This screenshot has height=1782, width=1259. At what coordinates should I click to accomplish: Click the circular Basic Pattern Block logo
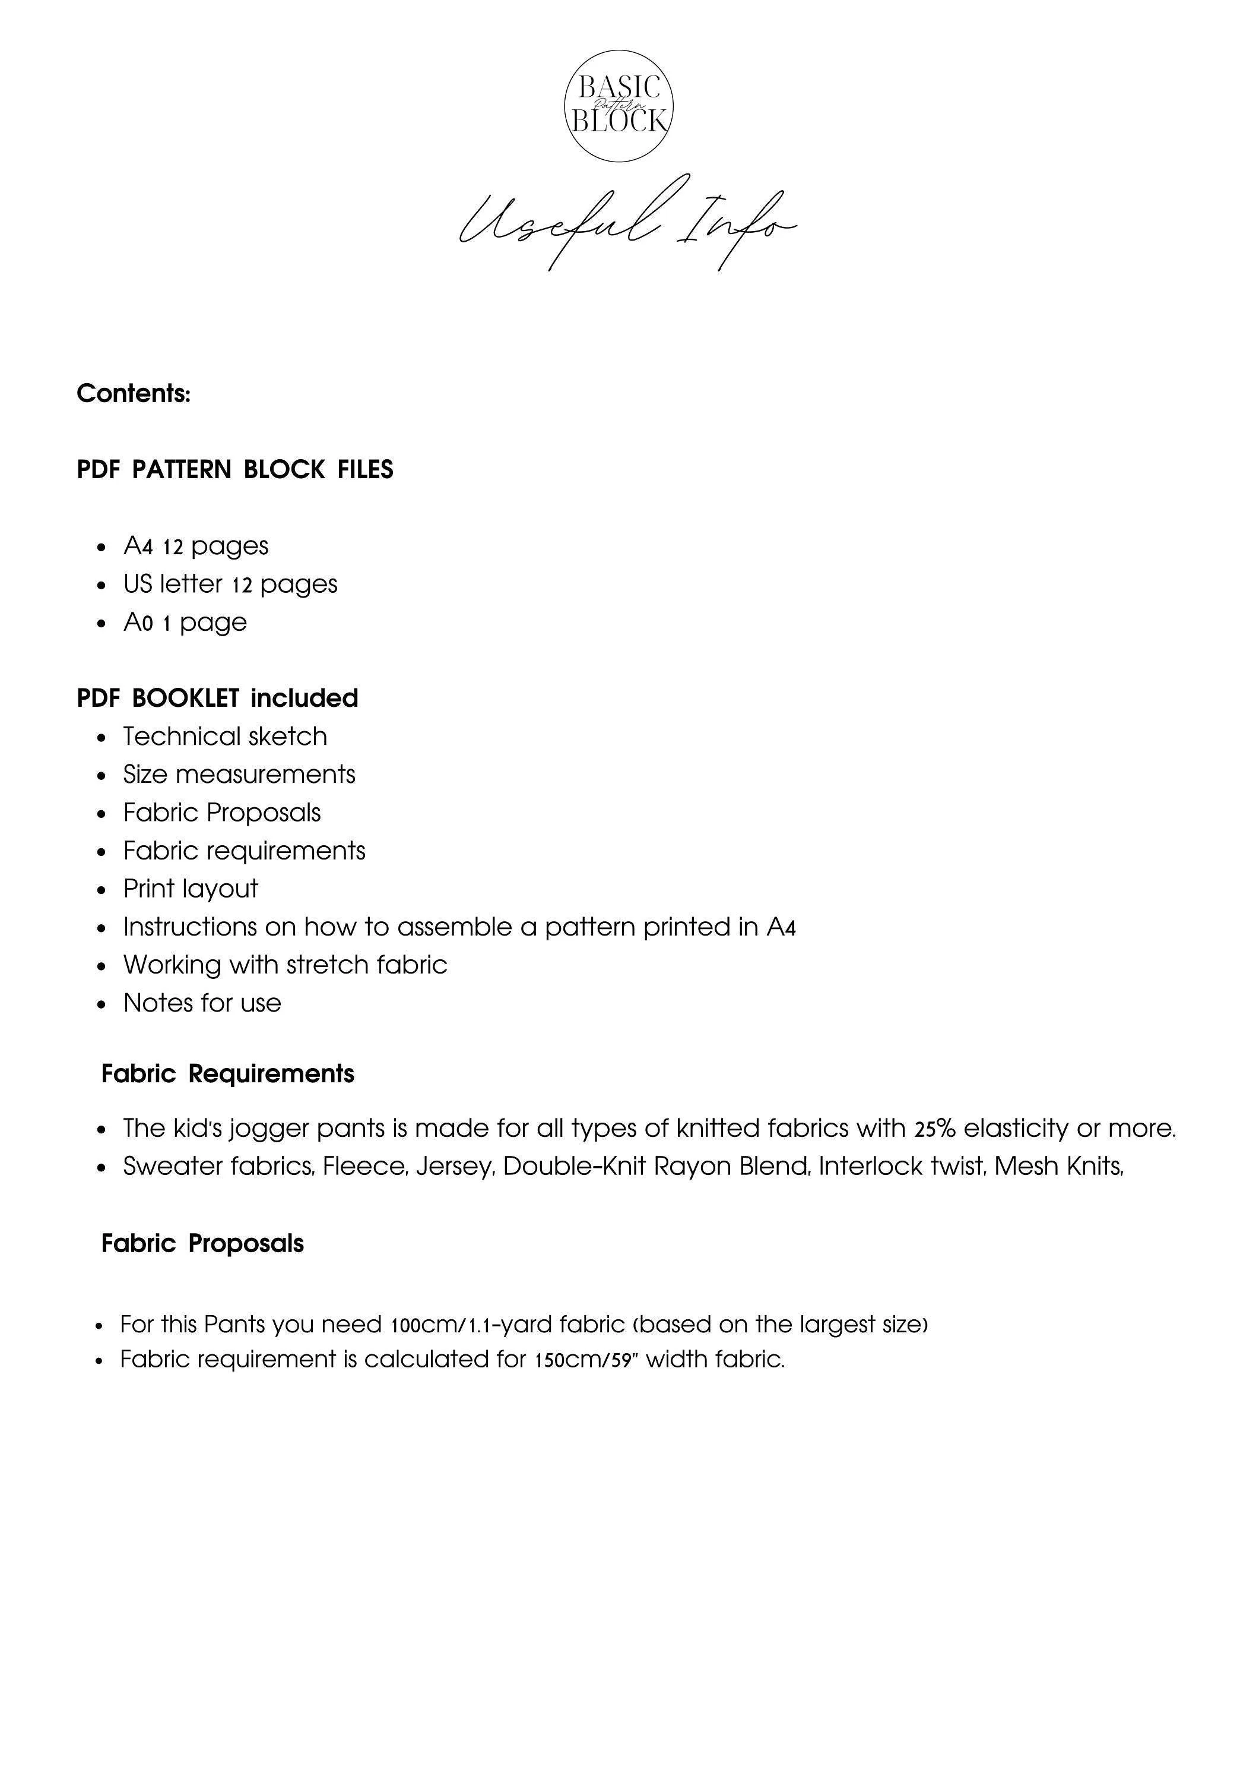click(x=619, y=106)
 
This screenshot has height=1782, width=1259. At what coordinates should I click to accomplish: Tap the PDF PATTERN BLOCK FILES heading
click(x=235, y=470)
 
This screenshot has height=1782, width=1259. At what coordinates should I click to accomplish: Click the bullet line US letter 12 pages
click(x=230, y=584)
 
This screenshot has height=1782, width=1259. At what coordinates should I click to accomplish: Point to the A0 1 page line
click(x=185, y=622)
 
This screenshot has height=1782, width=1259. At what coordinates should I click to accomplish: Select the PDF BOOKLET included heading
click(x=217, y=698)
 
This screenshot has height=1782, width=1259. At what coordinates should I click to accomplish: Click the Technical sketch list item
click(x=225, y=736)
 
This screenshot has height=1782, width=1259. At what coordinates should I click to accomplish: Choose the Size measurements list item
click(x=239, y=774)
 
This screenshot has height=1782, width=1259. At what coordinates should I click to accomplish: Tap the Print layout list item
click(x=190, y=888)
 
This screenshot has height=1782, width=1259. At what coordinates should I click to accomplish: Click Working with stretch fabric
click(x=285, y=964)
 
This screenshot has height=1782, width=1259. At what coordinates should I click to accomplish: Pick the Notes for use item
click(x=202, y=1002)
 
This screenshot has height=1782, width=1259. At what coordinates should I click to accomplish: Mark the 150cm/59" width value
click(x=586, y=1359)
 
